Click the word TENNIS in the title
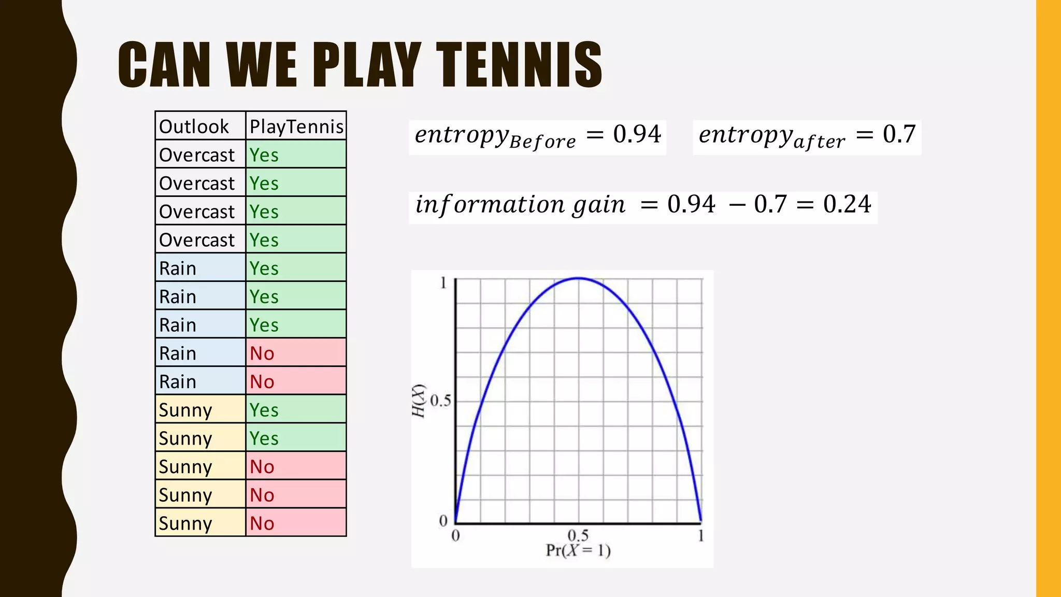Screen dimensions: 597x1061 [519, 64]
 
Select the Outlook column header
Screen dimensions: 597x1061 [194, 126]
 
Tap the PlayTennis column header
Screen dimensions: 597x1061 [296, 126]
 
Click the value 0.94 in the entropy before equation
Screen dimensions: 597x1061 [637, 134]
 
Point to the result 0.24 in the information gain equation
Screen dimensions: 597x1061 [847, 204]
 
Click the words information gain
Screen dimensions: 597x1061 [520, 204]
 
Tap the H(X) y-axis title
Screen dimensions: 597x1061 [419, 401]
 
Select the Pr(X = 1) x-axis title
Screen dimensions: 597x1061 [578, 550]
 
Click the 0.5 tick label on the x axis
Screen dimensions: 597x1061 [578, 535]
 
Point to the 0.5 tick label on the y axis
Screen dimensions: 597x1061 [440, 401]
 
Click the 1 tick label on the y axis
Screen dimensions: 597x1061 [443, 283]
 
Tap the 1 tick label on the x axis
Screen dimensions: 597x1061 [701, 535]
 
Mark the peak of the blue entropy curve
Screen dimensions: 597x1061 [578, 278]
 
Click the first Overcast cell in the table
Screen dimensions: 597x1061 [197, 155]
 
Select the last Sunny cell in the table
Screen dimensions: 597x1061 [185, 523]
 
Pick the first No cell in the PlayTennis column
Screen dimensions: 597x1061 [262, 353]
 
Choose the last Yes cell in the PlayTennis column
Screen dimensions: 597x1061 [264, 438]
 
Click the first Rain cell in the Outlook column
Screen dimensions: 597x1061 [178, 268]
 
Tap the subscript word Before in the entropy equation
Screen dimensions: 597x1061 [542, 141]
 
